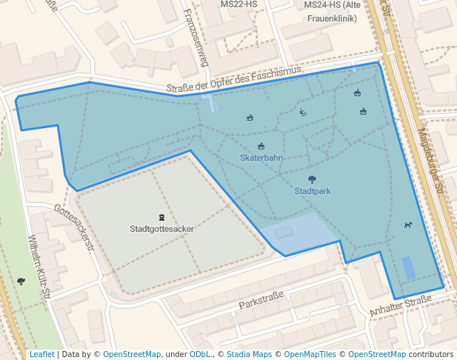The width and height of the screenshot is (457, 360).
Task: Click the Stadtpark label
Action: pyautogui.click(x=312, y=191)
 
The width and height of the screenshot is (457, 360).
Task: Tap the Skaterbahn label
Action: pyautogui.click(x=261, y=158)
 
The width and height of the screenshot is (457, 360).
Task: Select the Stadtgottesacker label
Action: pyautogui.click(x=161, y=229)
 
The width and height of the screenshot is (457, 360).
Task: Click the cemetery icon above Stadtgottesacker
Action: pyautogui.click(x=161, y=217)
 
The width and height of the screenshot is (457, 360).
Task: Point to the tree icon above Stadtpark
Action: pyautogui.click(x=312, y=179)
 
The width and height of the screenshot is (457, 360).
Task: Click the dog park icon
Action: pyautogui.click(x=407, y=224)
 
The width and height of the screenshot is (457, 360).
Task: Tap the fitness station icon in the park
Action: pyautogui.click(x=303, y=113)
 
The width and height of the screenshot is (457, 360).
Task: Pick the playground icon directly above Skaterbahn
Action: pyautogui.click(x=261, y=146)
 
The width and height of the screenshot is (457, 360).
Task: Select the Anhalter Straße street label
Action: pyautogui.click(x=401, y=305)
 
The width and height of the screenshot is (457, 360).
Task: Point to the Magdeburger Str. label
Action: pyautogui.click(x=433, y=160)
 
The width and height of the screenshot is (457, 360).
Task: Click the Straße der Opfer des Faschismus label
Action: pyautogui.click(x=233, y=79)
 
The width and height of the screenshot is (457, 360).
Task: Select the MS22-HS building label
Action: pyautogui.click(x=238, y=4)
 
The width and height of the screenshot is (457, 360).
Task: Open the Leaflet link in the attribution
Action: pyautogui.click(x=41, y=354)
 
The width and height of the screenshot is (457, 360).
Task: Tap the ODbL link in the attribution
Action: pyautogui.click(x=200, y=354)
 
